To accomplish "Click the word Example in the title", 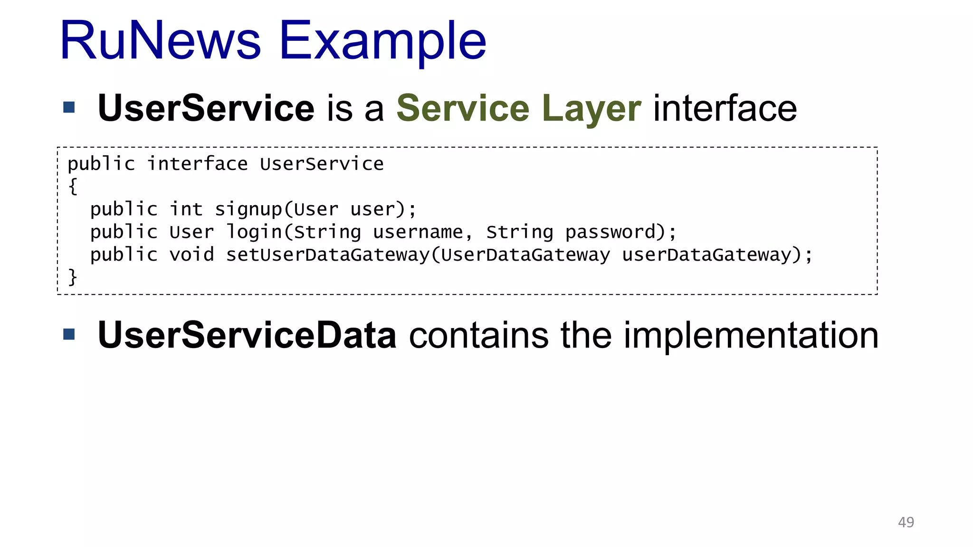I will click(382, 42).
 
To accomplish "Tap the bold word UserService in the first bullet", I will click(206, 108).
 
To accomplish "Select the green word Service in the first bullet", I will click(463, 108).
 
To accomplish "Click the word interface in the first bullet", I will click(725, 108).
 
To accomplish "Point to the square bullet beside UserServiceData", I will click(69, 335).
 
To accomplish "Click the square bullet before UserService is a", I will click(69, 107).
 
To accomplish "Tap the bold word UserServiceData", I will click(247, 335).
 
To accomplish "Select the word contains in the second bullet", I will click(478, 335).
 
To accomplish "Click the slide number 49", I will click(906, 522).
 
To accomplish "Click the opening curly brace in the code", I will click(73, 186).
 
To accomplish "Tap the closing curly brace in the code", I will click(73, 277).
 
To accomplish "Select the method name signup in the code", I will click(248, 209).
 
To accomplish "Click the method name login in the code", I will click(254, 232).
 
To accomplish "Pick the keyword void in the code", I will click(191, 255).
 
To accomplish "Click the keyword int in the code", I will click(186, 209).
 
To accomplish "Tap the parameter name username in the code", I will click(418, 232).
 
